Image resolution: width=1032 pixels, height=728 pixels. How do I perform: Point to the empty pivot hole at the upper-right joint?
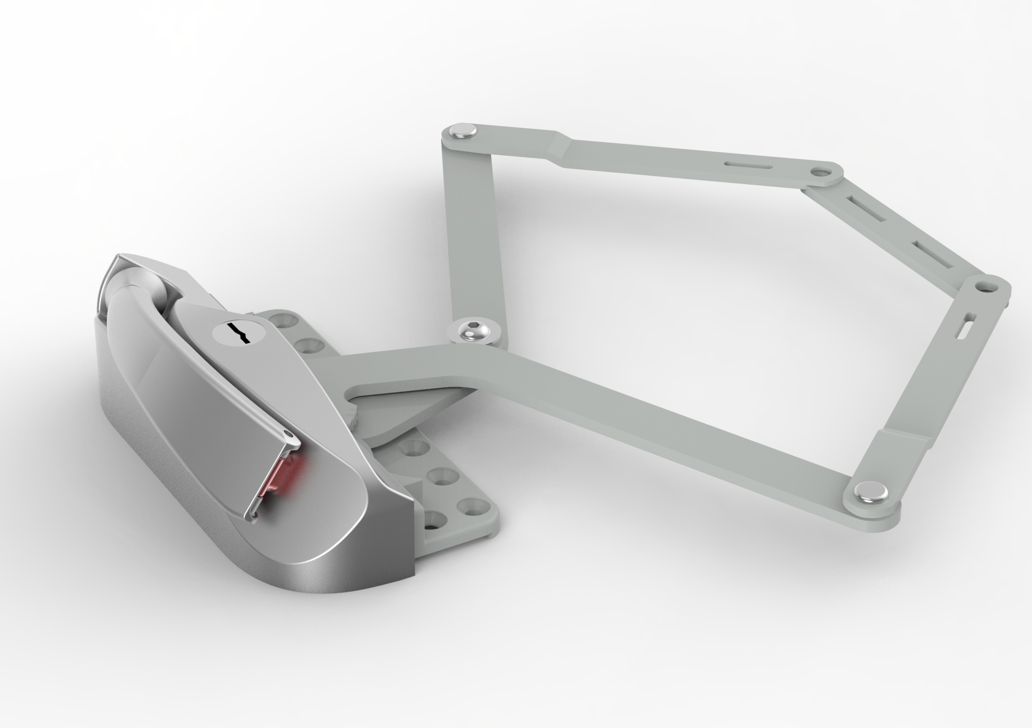[821, 173]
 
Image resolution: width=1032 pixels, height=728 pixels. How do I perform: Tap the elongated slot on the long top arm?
[744, 163]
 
